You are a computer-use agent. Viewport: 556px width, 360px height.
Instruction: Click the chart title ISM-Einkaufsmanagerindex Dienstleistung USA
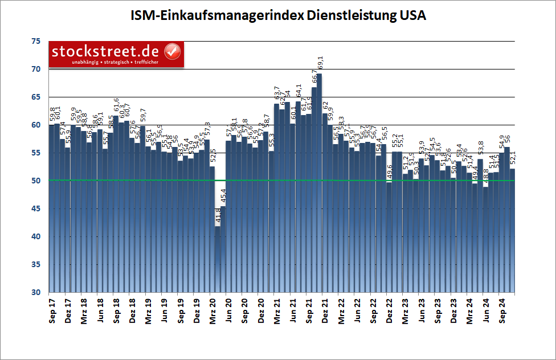pyautogui.click(x=277, y=15)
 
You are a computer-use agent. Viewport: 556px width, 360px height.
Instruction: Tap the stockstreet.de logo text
pyautogui.click(x=107, y=51)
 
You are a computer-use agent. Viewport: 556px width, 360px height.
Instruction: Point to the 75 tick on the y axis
pyautogui.click(x=36, y=41)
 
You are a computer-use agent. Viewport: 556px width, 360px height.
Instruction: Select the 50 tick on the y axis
pyautogui.click(x=36, y=181)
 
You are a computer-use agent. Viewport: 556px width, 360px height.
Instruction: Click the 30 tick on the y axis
pyautogui.click(x=36, y=292)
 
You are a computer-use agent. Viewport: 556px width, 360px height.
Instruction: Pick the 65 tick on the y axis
pyautogui.click(x=36, y=97)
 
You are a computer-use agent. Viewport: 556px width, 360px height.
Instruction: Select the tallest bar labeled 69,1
pyautogui.click(x=319, y=182)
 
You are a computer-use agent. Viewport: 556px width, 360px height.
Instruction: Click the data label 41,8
pyautogui.click(x=218, y=217)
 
